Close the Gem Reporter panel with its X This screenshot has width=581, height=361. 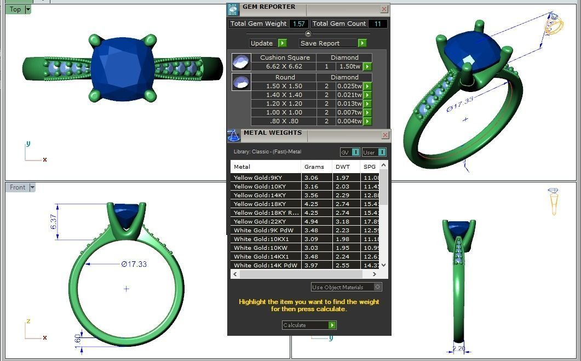coord(384,9)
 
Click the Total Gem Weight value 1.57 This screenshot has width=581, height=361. coord(299,24)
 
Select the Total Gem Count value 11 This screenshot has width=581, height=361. coord(378,24)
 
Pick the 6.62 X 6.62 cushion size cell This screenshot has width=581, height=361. coord(284,66)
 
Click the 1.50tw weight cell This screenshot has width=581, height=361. coord(350,66)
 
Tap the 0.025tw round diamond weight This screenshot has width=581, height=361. coord(350,86)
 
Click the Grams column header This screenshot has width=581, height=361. coord(314,167)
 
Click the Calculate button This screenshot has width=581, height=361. coord(309,325)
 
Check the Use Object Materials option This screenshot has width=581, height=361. coord(377,287)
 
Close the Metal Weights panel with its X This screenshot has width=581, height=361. coord(386,135)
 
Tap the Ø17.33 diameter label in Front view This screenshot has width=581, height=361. coord(134,264)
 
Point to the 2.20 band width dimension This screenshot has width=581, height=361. coord(459,348)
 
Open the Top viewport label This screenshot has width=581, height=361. coord(15,9)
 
